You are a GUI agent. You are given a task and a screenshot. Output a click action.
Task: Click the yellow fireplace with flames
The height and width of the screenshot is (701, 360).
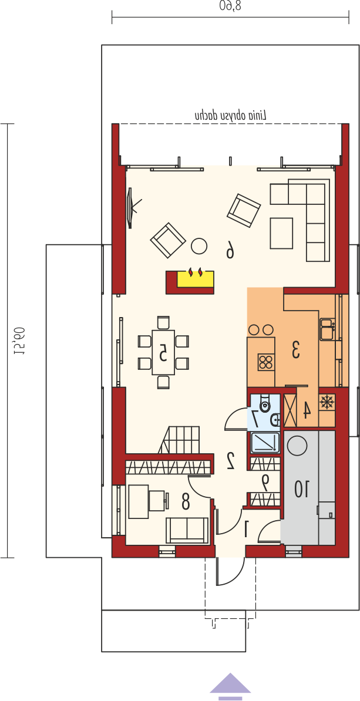coord(196,278)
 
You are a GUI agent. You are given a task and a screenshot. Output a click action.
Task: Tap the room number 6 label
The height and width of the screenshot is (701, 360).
coord(230,250)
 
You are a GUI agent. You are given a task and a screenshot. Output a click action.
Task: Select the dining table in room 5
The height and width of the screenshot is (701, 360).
coord(163,352)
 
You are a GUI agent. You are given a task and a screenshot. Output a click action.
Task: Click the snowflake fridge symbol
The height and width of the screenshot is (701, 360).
coord(327,402)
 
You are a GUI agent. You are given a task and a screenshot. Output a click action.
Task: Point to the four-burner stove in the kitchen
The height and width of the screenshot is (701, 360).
coord(265,362)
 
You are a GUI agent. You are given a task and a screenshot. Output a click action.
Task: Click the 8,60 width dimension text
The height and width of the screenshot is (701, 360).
coord(230,6)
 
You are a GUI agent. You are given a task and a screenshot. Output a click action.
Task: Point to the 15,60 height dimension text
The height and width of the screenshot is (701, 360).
coord(19,340)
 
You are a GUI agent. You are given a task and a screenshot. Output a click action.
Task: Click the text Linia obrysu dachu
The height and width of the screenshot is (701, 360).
coord(230,115)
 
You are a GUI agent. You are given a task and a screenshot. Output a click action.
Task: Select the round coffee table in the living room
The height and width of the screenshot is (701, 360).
coord(199,245)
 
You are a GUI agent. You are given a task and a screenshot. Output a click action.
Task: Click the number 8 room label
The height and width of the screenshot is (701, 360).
coord(184,502)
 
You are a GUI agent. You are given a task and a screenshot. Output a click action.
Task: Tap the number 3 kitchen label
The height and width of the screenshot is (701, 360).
coord(295,349)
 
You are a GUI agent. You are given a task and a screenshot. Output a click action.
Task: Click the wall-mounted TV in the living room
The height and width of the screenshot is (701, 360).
coord(130,207)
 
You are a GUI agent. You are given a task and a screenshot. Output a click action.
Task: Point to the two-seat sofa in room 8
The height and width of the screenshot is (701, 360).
coord(187,531)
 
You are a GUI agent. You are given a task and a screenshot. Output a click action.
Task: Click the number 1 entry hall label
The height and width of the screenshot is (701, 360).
coord(245,529)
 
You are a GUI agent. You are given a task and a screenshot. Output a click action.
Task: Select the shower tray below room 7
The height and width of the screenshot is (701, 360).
coord(265,443)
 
